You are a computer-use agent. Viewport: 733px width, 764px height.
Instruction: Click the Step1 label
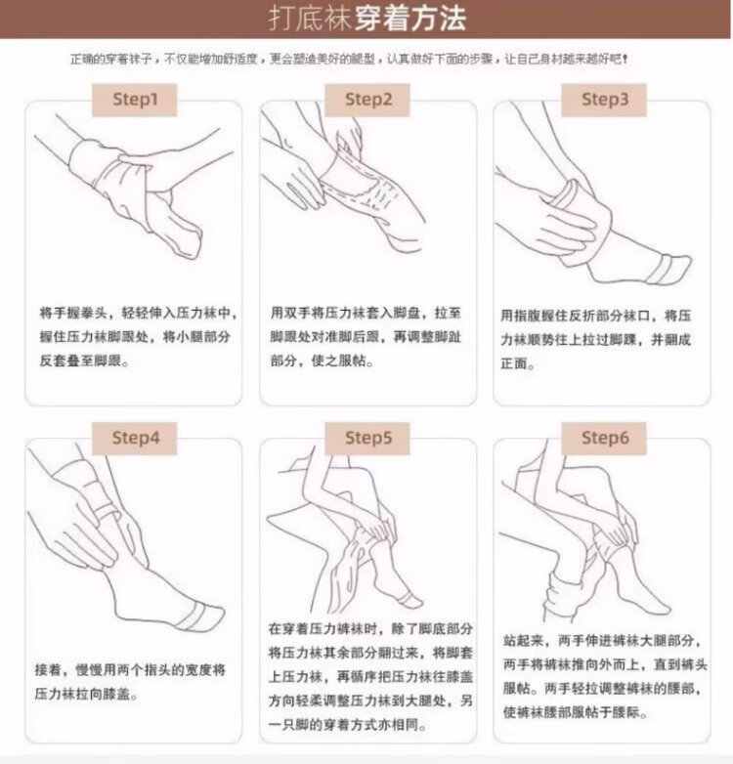click(135, 100)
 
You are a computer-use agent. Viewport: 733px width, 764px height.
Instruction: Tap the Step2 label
click(367, 100)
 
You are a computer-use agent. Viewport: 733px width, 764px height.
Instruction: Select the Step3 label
click(604, 100)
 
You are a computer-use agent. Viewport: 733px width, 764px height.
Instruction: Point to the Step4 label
click(135, 439)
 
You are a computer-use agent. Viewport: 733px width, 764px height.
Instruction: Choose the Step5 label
click(367, 439)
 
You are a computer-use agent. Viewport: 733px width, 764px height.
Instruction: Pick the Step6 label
click(604, 439)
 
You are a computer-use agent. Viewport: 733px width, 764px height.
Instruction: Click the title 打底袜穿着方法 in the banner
click(366, 20)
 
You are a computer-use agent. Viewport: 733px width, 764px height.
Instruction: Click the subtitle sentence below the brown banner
click(349, 60)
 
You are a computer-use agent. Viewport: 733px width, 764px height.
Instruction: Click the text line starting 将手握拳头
click(138, 313)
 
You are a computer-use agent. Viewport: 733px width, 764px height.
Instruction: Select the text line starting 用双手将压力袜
click(366, 313)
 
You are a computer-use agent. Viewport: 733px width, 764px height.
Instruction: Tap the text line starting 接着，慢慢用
click(130, 670)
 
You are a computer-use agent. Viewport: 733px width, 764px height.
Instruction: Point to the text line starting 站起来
click(602, 641)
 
